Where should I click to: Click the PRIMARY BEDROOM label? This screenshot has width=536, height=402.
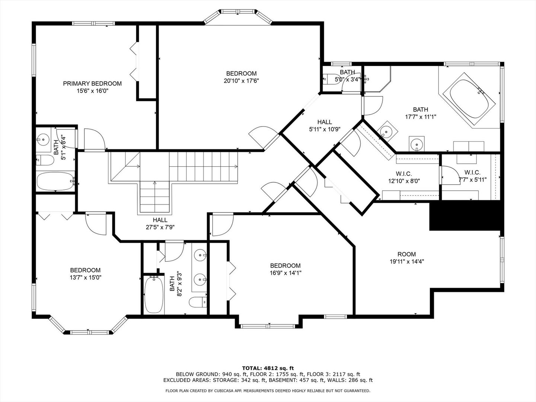tap(92, 84)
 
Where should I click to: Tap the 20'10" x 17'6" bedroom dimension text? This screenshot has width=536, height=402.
tap(241, 81)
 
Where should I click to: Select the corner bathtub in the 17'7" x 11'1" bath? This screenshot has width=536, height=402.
tap(469, 100)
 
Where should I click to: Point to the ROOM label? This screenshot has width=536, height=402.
tap(406, 254)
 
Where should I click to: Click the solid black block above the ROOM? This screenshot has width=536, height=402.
tap(466, 216)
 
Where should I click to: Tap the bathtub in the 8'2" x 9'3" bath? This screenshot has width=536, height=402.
tap(154, 295)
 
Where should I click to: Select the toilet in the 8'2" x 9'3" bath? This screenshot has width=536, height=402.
tap(198, 302)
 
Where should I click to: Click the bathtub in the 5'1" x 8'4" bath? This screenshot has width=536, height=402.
tap(55, 181)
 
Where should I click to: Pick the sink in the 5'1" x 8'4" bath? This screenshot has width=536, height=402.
tap(43, 139)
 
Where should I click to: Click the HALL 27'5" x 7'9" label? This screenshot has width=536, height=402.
tap(160, 224)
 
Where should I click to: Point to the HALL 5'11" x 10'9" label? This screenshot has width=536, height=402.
tap(325, 125)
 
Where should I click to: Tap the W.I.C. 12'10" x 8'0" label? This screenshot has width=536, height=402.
tap(404, 178)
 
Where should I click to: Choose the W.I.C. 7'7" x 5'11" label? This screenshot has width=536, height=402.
tap(472, 176)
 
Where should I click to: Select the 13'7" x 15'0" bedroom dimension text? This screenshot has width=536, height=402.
tap(86, 278)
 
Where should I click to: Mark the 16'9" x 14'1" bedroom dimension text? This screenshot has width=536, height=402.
tap(285, 273)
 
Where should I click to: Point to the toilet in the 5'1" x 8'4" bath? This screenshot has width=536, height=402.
tap(45, 160)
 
